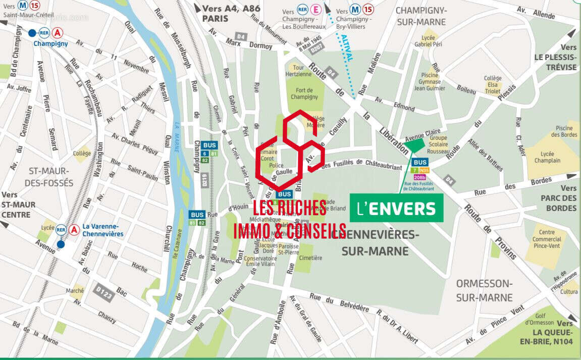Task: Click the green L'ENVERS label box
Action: (396, 208)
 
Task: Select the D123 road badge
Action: (103, 293)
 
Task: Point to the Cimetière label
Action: (310, 258)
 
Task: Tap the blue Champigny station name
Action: (50, 43)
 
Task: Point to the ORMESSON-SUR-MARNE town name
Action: (484, 290)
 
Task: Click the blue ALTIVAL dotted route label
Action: (346, 48)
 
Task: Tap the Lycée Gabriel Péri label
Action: (428, 41)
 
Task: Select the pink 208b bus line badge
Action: (420, 177)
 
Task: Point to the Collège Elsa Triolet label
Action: (493, 85)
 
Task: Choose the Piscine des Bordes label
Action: (564, 131)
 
